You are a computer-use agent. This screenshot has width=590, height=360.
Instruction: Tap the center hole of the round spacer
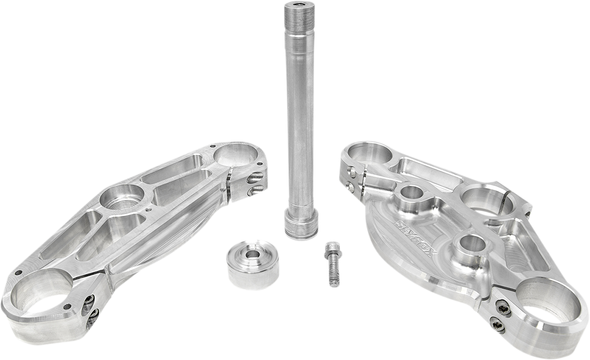tap(253, 254)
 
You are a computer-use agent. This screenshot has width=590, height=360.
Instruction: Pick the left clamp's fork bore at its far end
tap(236, 155)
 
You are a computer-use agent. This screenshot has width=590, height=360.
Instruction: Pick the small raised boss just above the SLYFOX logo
tap(412, 194)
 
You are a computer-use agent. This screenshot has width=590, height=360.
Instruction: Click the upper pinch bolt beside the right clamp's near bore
tap(503, 308)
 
